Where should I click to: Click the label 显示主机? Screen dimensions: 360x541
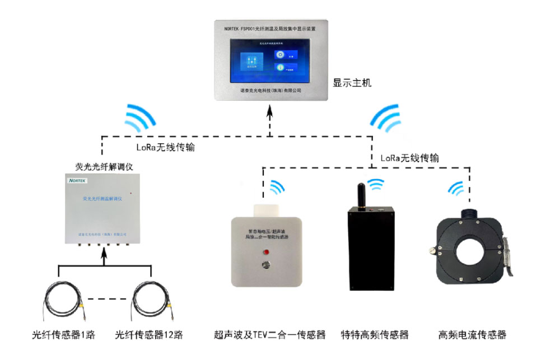(352, 83)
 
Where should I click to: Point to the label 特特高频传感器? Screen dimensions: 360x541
(375, 335)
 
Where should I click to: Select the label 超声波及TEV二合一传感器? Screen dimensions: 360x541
(269, 335)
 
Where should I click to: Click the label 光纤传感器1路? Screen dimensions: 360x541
(63, 335)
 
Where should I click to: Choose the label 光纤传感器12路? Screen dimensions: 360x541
(149, 335)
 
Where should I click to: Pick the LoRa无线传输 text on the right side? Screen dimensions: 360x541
(409, 158)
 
